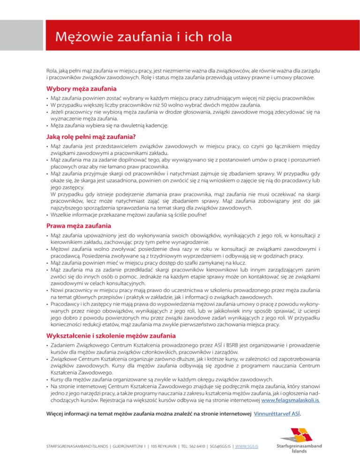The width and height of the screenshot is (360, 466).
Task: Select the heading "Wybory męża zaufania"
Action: tap(82, 89)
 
